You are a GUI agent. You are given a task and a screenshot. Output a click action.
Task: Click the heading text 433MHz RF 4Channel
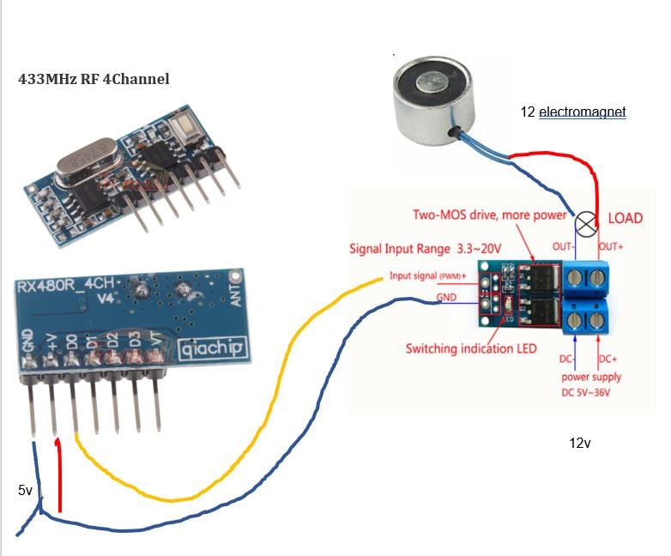(x=94, y=79)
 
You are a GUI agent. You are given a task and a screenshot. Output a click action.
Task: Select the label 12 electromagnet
(x=573, y=112)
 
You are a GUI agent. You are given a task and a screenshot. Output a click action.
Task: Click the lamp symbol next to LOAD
(x=586, y=225)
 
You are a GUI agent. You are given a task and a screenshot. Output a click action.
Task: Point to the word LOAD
(x=625, y=218)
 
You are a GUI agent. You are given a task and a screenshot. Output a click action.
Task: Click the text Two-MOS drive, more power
(x=489, y=215)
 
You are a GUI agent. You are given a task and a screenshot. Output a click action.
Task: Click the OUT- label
(x=563, y=246)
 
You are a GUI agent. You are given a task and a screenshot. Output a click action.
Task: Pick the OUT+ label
(x=611, y=246)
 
